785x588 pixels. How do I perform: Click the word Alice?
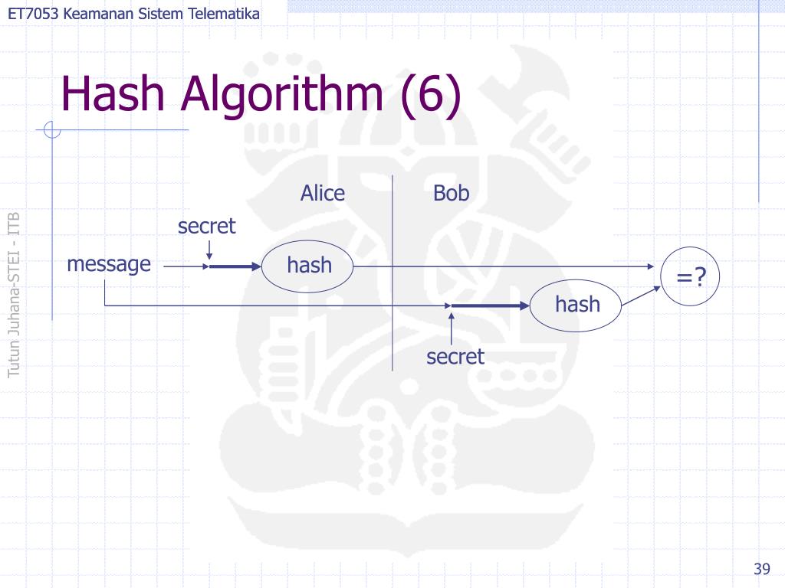[323, 193]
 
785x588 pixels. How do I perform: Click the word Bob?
[451, 193]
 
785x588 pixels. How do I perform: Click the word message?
[109, 264]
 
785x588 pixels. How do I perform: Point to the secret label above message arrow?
[206, 226]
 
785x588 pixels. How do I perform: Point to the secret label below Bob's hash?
[455, 357]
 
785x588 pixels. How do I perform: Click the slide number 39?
[761, 569]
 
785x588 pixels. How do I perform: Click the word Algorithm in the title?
[282, 95]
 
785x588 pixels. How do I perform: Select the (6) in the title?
[431, 95]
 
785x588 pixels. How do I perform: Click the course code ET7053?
[33, 14]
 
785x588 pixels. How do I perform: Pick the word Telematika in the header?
[223, 14]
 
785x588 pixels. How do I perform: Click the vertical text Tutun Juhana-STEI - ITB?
[14, 295]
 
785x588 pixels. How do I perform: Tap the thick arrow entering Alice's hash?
[235, 266]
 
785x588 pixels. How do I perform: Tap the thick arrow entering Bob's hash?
[491, 305]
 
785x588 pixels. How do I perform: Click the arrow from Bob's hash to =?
[642, 296]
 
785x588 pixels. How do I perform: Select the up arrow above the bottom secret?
[451, 329]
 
